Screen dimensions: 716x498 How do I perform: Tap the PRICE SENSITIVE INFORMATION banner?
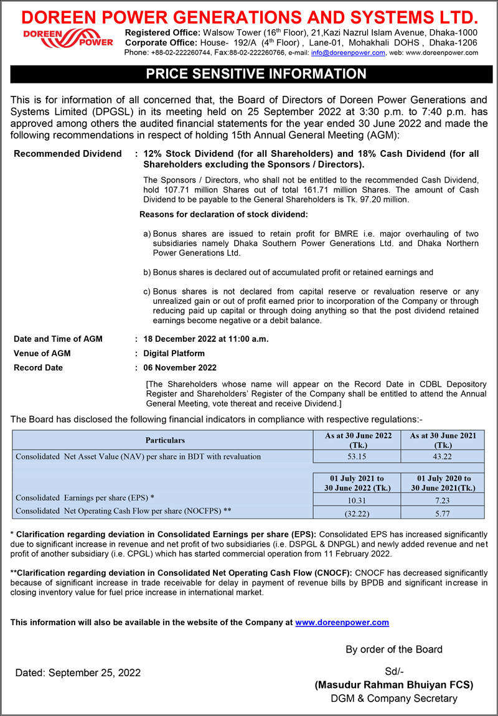[x=249, y=74]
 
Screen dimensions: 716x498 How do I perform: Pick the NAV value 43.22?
[x=443, y=456]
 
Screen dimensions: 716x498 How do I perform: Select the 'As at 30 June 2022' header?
[x=358, y=440]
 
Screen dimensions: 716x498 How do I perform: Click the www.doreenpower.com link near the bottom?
[x=342, y=622]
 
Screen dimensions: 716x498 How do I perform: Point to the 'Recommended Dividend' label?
[x=67, y=153]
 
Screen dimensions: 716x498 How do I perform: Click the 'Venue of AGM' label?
[x=42, y=353]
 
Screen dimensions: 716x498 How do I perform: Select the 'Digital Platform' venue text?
[x=174, y=353]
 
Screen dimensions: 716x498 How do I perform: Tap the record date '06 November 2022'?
[x=180, y=367]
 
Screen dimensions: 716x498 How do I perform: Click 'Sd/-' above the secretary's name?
[x=394, y=671]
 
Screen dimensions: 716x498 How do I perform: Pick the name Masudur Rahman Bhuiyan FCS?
[x=394, y=685]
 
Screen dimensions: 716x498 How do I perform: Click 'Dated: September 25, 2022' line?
[x=78, y=672]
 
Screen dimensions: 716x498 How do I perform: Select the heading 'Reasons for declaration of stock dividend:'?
[x=223, y=215]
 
